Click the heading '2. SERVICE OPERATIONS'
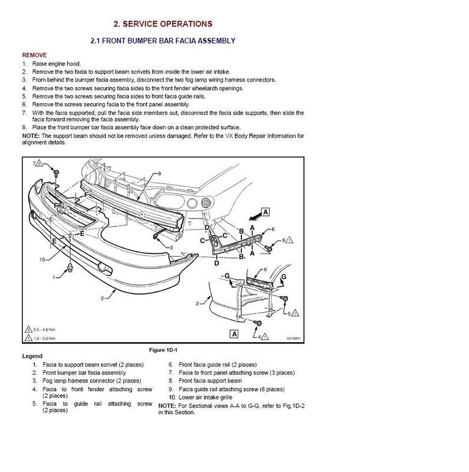[x=163, y=24]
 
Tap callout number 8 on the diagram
[x=159, y=173]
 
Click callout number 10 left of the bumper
[x=42, y=259]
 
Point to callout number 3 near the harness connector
[x=170, y=247]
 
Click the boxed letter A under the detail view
[x=234, y=333]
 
